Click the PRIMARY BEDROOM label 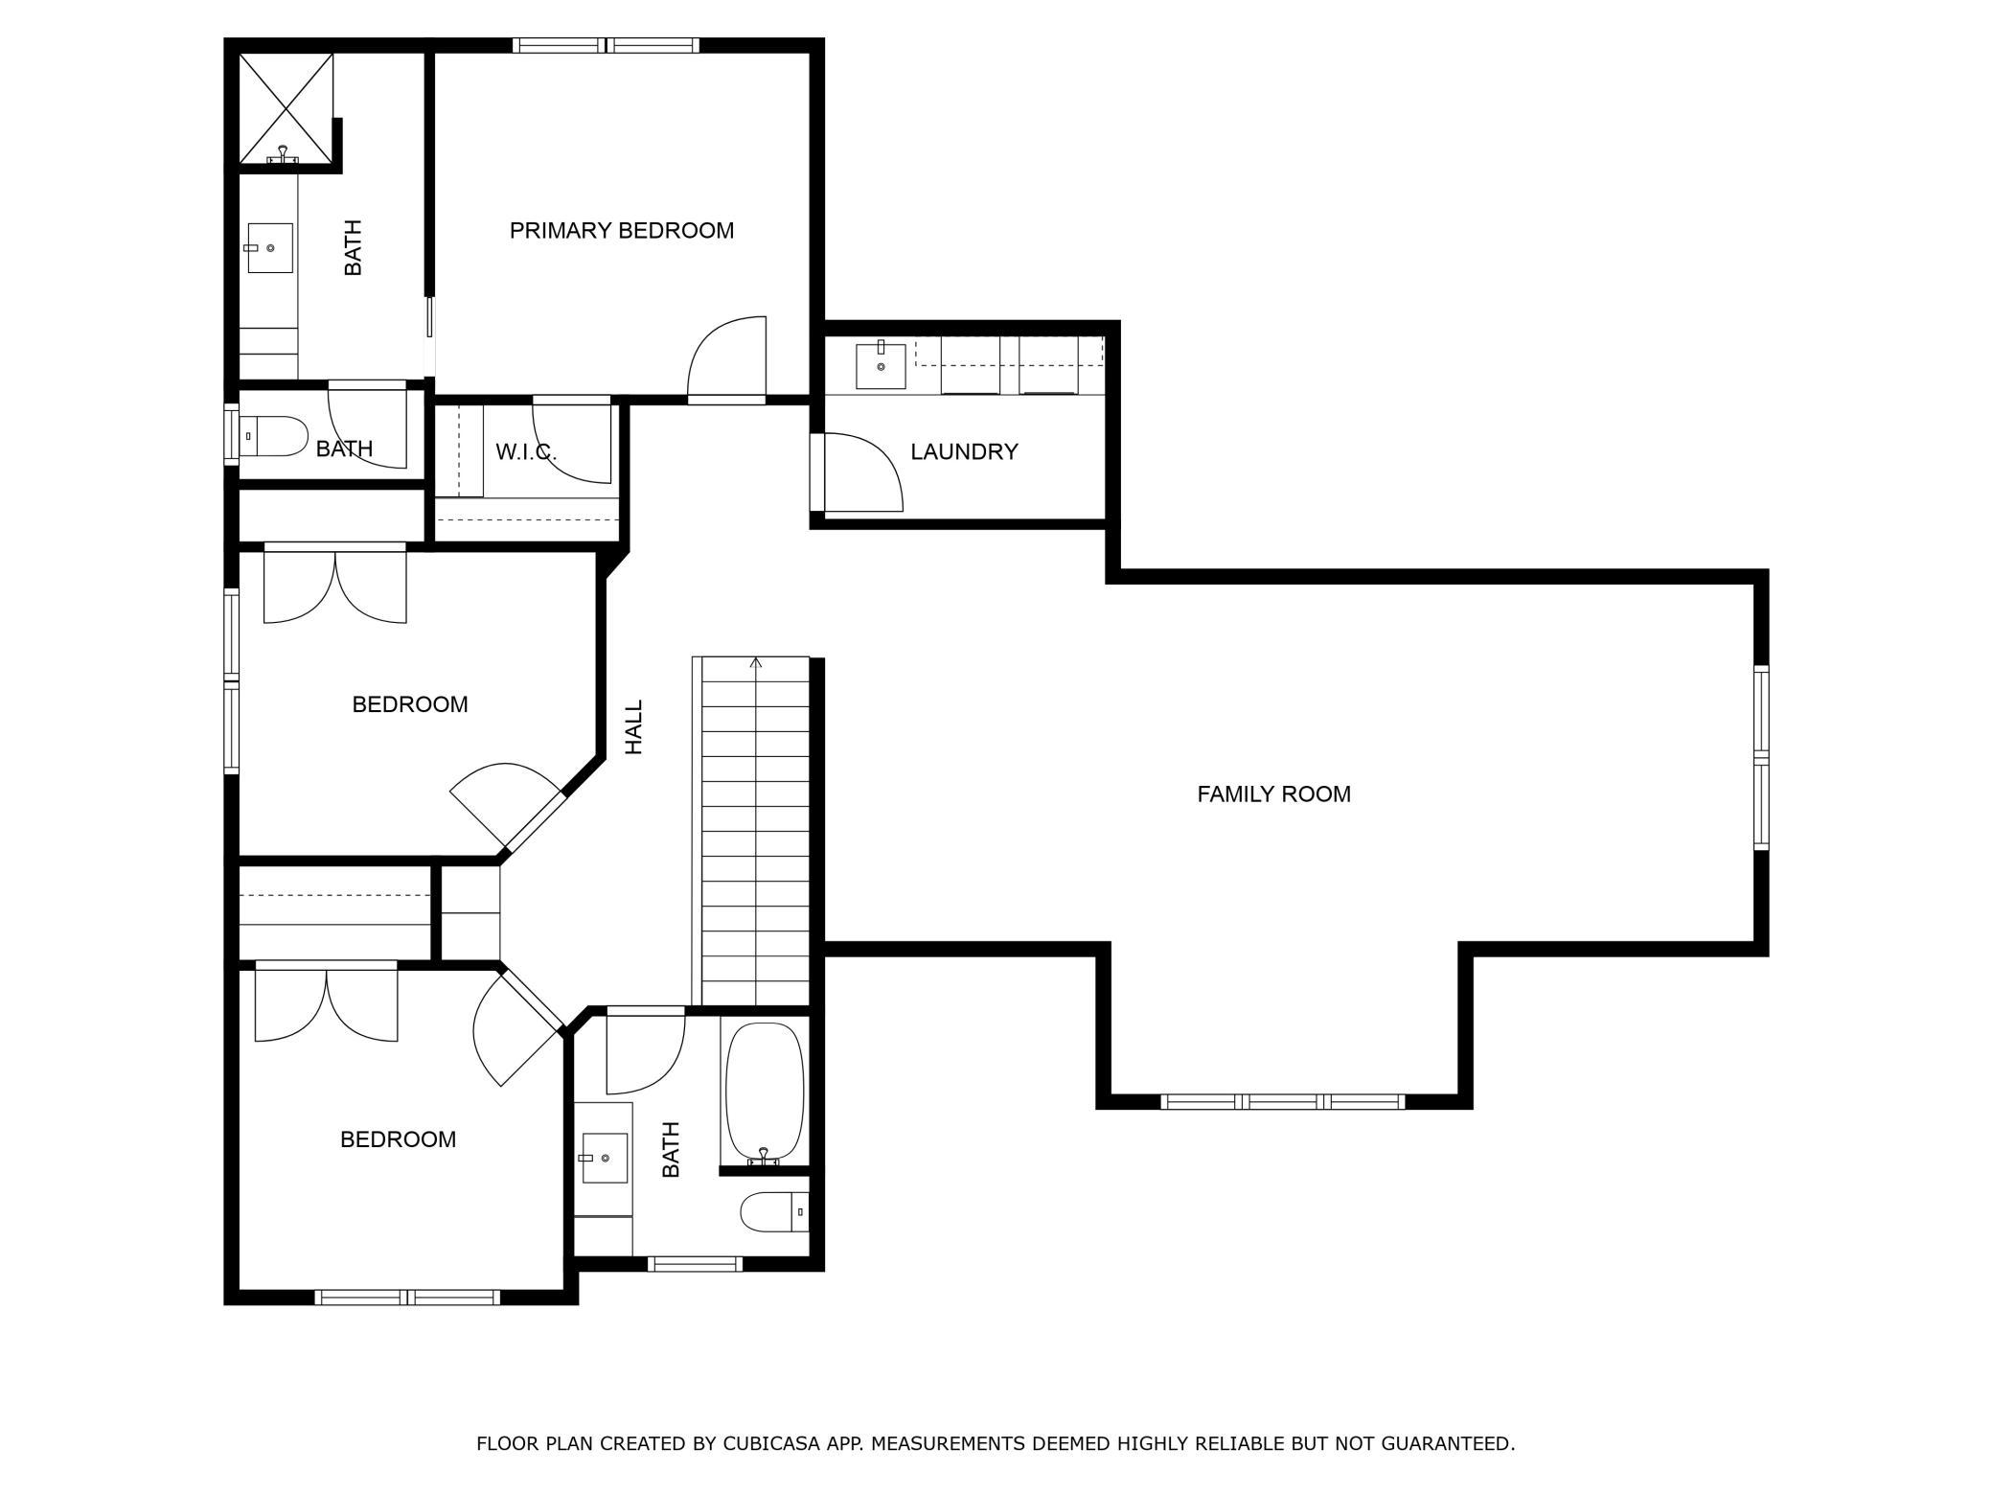(x=621, y=230)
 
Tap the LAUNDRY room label (x=964, y=451)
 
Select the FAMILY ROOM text (x=1273, y=793)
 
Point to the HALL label (x=634, y=726)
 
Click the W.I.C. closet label (x=525, y=451)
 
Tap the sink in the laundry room (x=881, y=365)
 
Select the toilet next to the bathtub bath (x=774, y=1211)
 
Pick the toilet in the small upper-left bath (x=272, y=436)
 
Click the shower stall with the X (x=286, y=107)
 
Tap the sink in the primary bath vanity (x=270, y=248)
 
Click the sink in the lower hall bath (x=604, y=1158)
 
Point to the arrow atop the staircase (x=756, y=663)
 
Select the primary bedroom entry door (x=727, y=358)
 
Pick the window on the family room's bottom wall (x=1283, y=1102)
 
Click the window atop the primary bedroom (x=606, y=45)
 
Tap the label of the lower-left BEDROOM (x=398, y=1139)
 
